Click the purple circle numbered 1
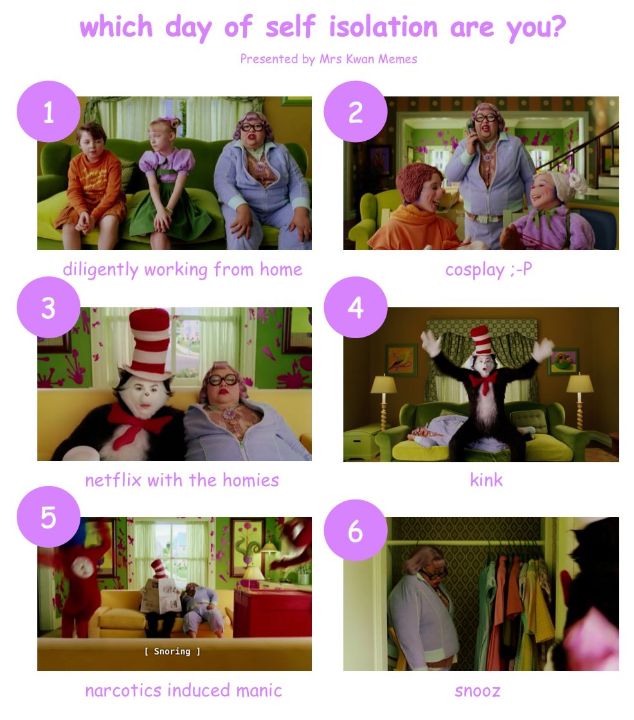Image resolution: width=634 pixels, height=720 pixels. tap(48, 112)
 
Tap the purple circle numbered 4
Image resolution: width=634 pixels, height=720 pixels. tap(355, 307)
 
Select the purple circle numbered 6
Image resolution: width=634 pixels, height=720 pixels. tap(355, 530)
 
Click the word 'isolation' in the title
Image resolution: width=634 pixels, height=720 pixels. tap(383, 26)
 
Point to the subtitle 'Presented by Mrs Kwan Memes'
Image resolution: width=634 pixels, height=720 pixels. tap(329, 59)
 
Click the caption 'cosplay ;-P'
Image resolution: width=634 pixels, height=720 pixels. tap(489, 269)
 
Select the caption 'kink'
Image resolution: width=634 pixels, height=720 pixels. tap(486, 480)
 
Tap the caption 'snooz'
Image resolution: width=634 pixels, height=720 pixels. tap(477, 690)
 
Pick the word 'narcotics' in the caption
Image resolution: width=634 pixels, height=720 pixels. tap(123, 690)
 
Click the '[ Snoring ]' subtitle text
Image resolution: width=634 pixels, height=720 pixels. tap(172, 651)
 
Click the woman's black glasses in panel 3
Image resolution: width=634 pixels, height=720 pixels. tap(222, 380)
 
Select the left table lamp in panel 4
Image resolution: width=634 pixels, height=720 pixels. tap(384, 402)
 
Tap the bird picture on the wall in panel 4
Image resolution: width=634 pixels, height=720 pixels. tap(401, 360)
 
